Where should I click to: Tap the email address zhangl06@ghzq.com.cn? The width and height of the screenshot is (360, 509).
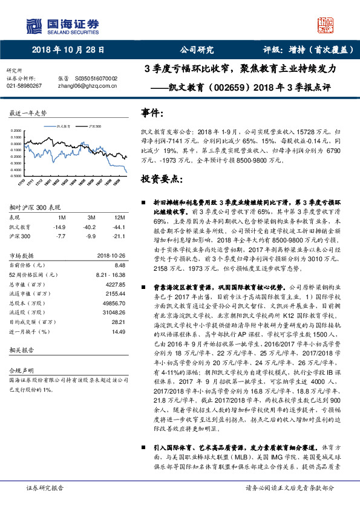point(84,86)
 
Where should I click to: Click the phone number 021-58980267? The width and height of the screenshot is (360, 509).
point(24,86)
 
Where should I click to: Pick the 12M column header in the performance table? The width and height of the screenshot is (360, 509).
point(119,217)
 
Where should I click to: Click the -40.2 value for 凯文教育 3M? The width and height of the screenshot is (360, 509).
point(92,227)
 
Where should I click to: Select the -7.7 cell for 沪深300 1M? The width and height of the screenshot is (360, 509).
point(60,236)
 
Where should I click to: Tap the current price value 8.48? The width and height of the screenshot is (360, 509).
point(119,265)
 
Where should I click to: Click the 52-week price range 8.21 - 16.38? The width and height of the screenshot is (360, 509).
point(110,275)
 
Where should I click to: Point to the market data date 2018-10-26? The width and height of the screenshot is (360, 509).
point(111,256)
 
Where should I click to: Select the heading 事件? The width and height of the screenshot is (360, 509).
point(152,113)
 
